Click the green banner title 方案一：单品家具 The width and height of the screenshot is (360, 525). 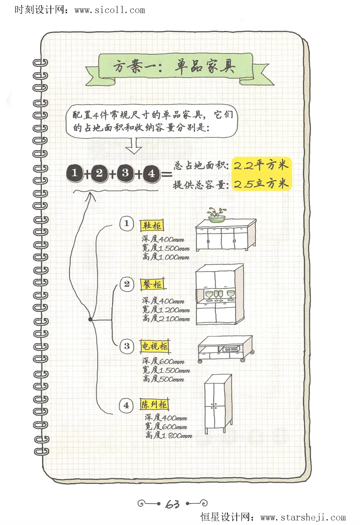(x=175, y=67)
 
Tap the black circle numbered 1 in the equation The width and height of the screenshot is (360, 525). (x=75, y=173)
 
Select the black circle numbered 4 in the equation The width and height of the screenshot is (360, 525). (x=151, y=174)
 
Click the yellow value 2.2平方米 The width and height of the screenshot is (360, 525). (x=261, y=165)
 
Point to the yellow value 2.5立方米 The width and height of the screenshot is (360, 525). (x=261, y=184)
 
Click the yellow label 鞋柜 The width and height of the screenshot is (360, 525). (x=152, y=226)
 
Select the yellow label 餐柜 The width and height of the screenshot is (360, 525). (x=152, y=284)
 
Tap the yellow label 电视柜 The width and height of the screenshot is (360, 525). (x=154, y=346)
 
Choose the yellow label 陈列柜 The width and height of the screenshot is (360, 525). (x=154, y=404)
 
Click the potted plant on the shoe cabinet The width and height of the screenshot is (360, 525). (x=217, y=215)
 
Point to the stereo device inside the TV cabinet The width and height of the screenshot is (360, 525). (x=230, y=350)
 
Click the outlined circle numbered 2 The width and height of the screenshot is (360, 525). (x=126, y=284)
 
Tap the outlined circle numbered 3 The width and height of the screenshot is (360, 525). (x=126, y=346)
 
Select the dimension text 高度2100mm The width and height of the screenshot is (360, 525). (x=166, y=319)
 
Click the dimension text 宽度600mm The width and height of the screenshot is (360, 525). (x=166, y=427)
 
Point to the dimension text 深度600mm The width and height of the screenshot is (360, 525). (x=163, y=361)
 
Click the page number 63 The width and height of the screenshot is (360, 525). (x=172, y=504)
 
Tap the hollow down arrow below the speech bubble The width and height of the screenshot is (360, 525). (x=134, y=146)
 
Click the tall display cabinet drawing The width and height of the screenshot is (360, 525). (x=217, y=404)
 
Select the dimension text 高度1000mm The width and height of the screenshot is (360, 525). (x=166, y=257)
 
